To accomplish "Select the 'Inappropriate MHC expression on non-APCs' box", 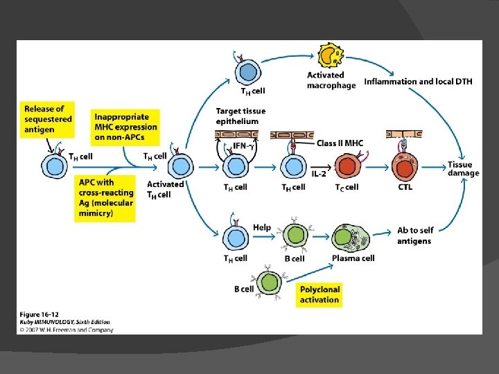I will pos(125,121).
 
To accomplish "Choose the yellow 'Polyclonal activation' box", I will pos(319,294).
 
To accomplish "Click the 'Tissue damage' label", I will pos(463,168).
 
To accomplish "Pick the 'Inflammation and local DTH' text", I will pos(418,82).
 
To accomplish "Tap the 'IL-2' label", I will pos(319,174).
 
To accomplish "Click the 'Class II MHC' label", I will pos(340,143).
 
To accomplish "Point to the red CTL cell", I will pos(405,168).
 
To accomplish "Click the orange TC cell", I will pos(347,168).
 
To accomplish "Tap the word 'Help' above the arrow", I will pos(262,227).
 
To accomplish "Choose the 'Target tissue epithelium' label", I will pos(240,116).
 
